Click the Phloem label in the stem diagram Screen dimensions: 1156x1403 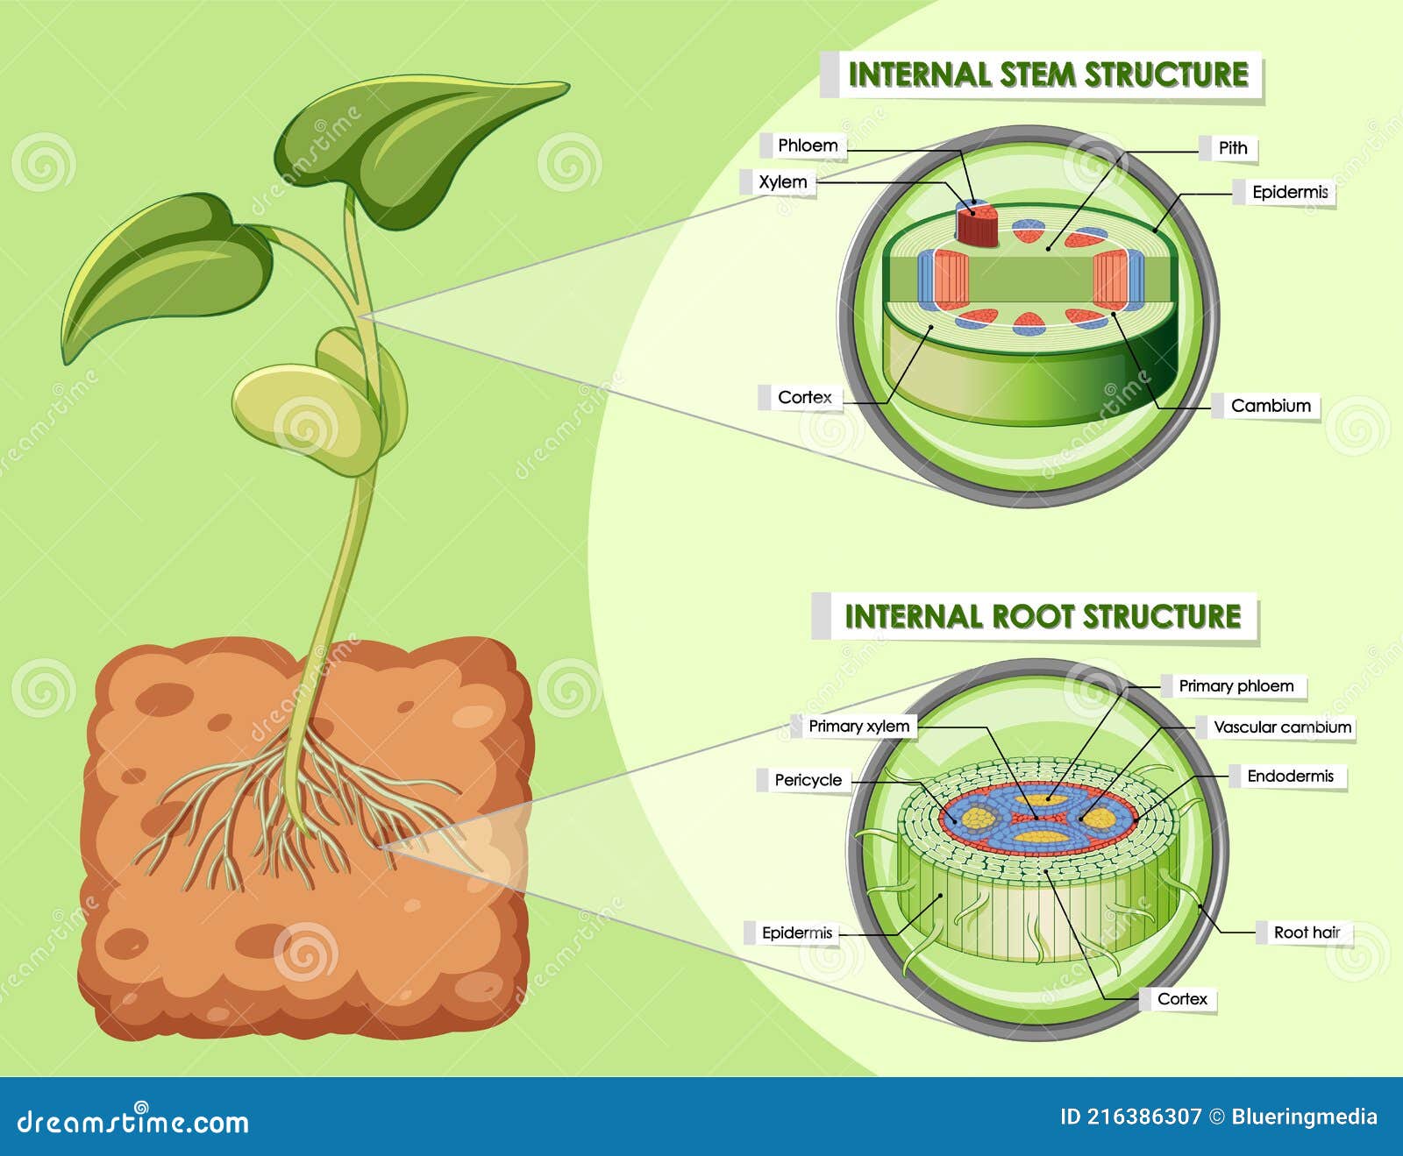point(808,145)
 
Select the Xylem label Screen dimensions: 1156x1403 point(782,182)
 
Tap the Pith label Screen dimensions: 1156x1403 point(1232,148)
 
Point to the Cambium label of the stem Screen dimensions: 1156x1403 point(1270,406)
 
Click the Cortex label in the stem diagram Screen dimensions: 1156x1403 point(804,397)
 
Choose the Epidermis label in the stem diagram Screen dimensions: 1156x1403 point(1289,192)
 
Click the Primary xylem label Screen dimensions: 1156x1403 point(858,726)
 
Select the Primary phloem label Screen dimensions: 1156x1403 point(1236,686)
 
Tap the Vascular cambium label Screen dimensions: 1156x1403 point(1281,727)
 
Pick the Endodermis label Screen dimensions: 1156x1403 point(1289,777)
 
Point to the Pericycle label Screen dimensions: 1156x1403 point(808,780)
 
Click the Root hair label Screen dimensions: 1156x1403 point(1307,933)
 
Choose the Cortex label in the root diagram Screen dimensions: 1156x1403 point(1181,999)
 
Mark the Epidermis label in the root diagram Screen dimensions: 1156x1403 point(796,933)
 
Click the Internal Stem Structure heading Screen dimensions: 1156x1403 point(1047,74)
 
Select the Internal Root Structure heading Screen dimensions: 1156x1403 point(1042,616)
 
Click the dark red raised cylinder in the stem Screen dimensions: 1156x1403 point(977,225)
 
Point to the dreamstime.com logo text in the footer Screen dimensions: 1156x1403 point(133,1122)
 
